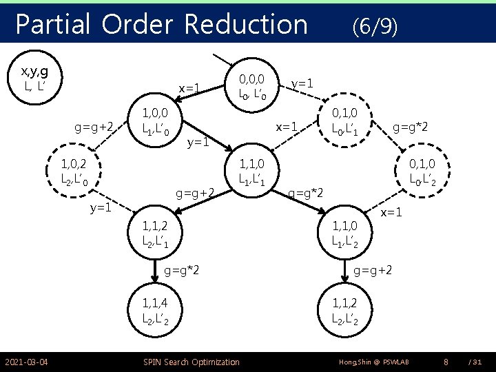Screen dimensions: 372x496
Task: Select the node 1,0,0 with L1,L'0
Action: point(161,120)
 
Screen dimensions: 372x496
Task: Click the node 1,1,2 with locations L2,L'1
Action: point(161,232)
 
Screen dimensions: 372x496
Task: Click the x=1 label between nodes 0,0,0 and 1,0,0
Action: point(189,89)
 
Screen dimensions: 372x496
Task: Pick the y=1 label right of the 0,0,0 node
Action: point(303,83)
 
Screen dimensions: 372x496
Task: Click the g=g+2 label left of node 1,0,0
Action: point(94,127)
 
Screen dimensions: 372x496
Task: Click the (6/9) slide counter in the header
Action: point(374,27)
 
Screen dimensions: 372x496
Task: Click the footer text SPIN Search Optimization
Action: point(191,362)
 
